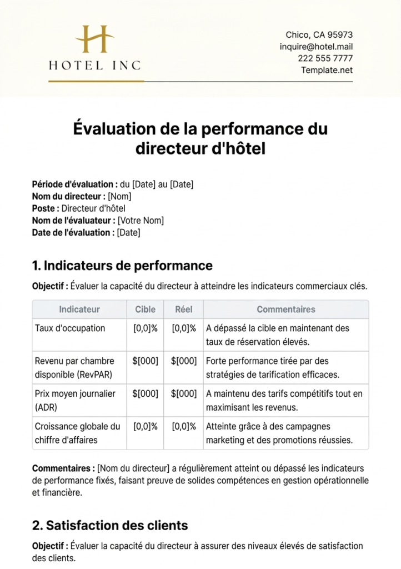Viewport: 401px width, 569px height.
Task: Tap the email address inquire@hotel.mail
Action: pos(316,47)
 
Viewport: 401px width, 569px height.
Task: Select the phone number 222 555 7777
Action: pos(325,58)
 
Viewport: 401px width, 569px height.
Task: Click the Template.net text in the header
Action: pos(327,70)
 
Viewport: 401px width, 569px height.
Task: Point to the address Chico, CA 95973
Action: pos(319,35)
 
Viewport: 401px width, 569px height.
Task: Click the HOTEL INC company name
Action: pos(95,66)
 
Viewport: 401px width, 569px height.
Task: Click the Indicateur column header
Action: pos(79,310)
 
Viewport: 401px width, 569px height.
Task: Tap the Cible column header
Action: pos(146,310)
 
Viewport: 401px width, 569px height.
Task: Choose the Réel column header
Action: pos(184,310)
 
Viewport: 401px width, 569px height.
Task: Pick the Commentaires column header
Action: pos(285,310)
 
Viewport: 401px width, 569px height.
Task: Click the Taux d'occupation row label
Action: pos(69,328)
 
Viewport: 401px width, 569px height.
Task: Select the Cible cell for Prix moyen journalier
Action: pos(146,393)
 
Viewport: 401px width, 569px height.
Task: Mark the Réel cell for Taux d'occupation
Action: pos(184,328)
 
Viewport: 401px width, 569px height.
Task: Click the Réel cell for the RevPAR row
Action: pos(184,361)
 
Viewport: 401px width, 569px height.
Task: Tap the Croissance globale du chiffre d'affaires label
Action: pos(77,433)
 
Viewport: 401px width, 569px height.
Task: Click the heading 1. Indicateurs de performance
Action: pos(122,266)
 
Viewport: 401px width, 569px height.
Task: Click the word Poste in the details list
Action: pos(45,208)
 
